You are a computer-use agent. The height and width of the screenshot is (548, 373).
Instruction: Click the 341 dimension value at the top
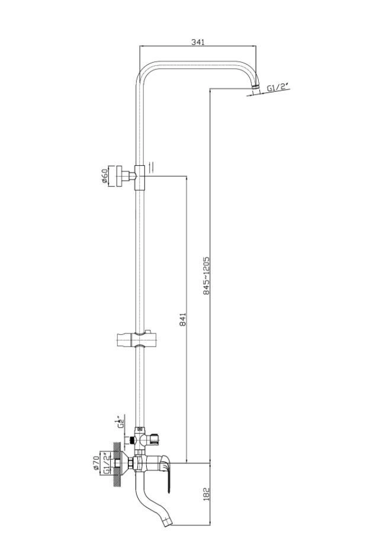click(198, 41)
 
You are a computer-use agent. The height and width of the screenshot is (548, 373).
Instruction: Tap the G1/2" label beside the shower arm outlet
click(277, 87)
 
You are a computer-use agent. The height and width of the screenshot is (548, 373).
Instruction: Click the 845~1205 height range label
click(206, 275)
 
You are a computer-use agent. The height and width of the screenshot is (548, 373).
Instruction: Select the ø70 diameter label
click(97, 460)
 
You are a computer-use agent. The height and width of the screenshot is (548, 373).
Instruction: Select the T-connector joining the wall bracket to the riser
click(140, 176)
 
